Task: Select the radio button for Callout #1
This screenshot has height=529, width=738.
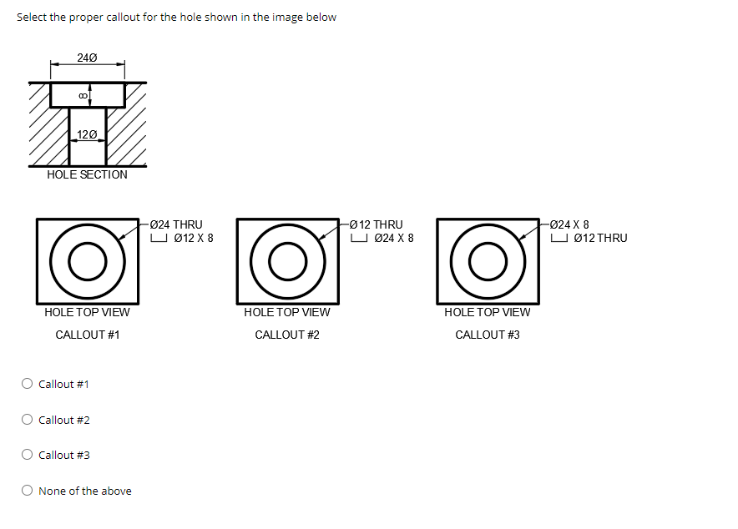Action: point(28,384)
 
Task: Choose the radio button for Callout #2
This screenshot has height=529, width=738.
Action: point(28,420)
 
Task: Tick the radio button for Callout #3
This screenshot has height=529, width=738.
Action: point(28,455)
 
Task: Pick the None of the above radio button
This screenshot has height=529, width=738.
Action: point(28,491)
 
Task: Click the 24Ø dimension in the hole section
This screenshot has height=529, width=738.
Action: point(87,58)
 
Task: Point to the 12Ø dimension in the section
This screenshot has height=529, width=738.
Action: point(87,134)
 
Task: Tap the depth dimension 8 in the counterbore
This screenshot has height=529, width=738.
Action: point(82,94)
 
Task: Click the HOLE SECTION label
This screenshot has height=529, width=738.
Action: point(87,174)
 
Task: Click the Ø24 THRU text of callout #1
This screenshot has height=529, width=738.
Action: point(176,224)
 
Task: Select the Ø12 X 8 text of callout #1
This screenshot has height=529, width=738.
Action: point(193,238)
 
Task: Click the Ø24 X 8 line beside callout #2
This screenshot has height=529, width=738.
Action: point(393,238)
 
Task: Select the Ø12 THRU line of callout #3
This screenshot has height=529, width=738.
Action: point(600,238)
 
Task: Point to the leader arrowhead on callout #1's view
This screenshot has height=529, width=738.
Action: point(121,238)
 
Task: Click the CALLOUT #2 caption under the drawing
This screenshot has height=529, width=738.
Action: point(287,335)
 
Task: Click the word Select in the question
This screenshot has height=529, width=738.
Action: point(32,18)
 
